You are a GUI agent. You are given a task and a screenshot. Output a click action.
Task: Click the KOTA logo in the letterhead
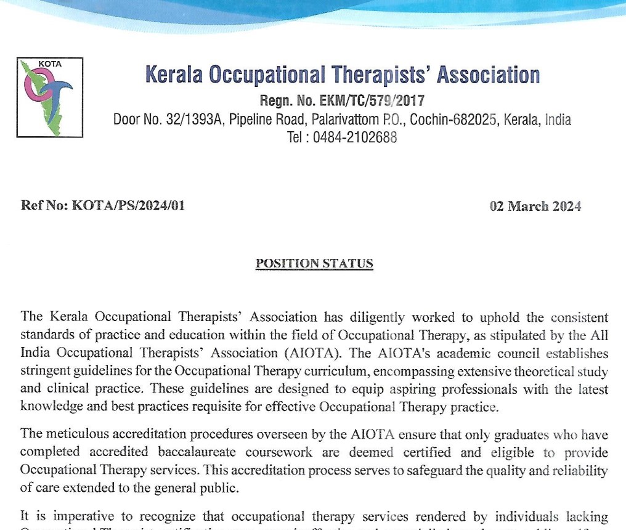coord(49,97)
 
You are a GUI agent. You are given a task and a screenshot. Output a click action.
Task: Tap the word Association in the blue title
coord(488,75)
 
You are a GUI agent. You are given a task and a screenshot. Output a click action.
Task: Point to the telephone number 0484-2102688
coord(354,137)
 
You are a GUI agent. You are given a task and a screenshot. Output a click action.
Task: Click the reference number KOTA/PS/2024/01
coord(128,206)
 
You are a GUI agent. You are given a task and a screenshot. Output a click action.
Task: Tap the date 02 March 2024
coord(535,206)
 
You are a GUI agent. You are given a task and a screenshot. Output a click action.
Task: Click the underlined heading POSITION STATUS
coord(314,264)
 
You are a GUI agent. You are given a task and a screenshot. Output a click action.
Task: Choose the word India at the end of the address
coord(558,120)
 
